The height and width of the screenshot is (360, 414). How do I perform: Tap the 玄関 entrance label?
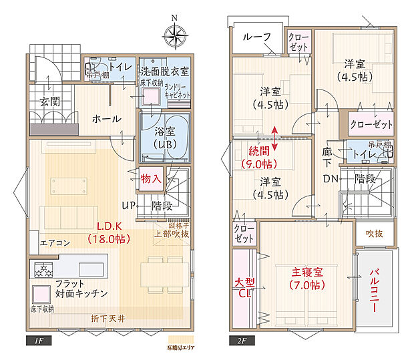pyautogui.click(x=49, y=102)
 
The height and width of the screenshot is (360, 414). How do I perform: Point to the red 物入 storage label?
pyautogui.click(x=151, y=178)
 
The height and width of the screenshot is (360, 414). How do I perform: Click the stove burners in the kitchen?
pyautogui.click(x=44, y=270)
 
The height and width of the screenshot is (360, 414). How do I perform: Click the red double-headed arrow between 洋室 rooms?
pyautogui.click(x=275, y=134)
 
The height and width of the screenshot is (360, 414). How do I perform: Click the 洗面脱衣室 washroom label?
pyautogui.click(x=164, y=71)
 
